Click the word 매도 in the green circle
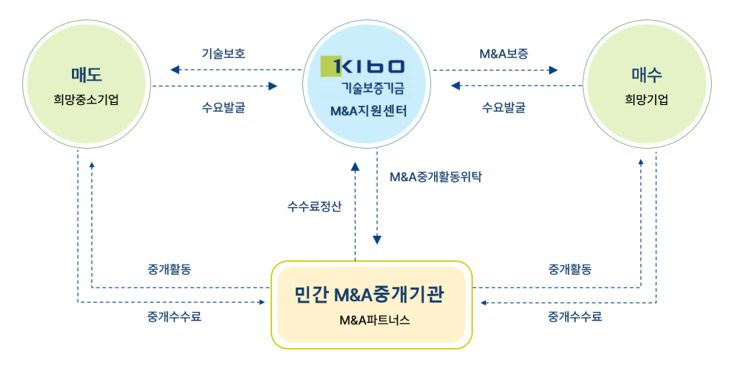[86, 74]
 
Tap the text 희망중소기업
[86, 99]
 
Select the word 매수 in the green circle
[647, 74]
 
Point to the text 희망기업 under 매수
[646, 99]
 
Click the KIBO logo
[363, 66]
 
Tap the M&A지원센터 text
[368, 111]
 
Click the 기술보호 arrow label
[224, 53]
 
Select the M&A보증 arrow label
[504, 53]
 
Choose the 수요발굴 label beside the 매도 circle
[224, 108]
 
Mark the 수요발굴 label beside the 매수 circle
[504, 108]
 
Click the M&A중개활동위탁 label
[435, 177]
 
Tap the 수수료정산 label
[315, 206]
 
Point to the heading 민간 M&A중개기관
[369, 296]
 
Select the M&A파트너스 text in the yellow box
[374, 320]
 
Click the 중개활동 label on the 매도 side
[170, 270]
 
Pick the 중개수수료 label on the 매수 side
[575, 316]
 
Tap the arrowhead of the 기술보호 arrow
[175, 70]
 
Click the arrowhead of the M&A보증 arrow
[553, 70]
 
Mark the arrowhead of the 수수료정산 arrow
[356, 166]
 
